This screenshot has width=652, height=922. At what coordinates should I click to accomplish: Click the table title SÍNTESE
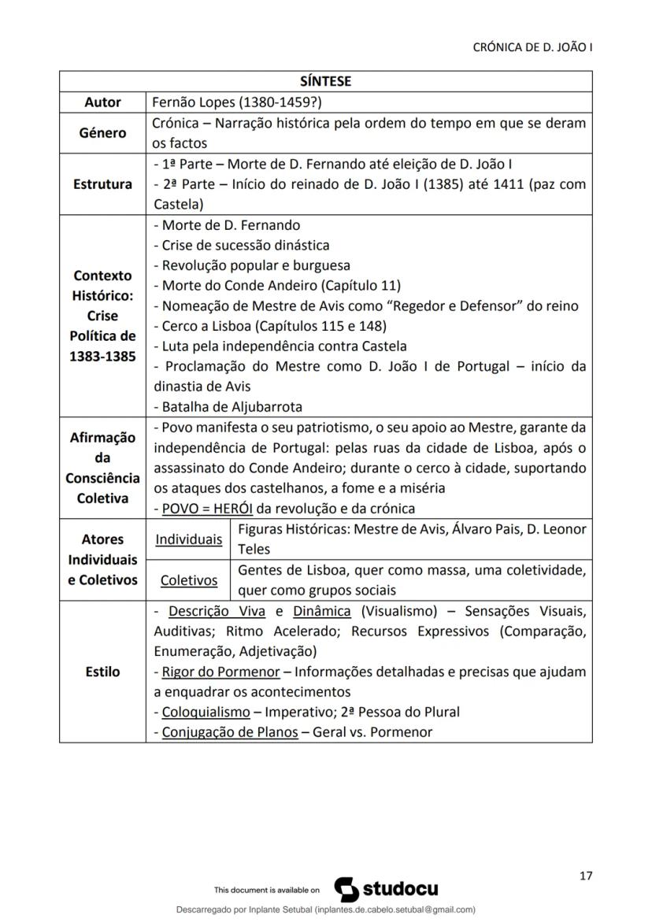325,81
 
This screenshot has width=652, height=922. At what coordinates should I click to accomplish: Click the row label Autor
102,102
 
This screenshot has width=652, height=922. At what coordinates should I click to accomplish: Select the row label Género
102,132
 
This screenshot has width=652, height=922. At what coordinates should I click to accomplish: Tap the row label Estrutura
102,184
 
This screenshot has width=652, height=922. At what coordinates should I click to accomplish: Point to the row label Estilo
102,672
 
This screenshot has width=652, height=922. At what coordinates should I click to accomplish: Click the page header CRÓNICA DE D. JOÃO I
532,47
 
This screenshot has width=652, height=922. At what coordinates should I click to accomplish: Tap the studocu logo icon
347,889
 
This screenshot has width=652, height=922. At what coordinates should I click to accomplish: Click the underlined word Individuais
188,539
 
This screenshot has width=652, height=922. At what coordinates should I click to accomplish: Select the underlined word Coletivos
188,580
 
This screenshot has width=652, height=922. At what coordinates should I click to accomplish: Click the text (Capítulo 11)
361,285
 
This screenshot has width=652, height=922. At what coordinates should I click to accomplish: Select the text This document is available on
267,891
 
